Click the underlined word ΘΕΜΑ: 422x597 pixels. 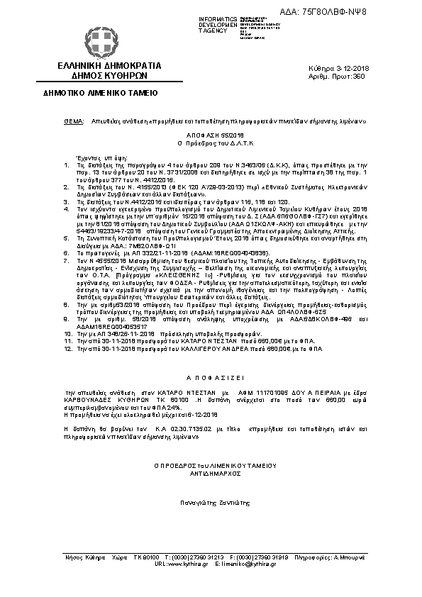(74, 122)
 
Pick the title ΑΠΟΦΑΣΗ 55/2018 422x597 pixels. (210, 134)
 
